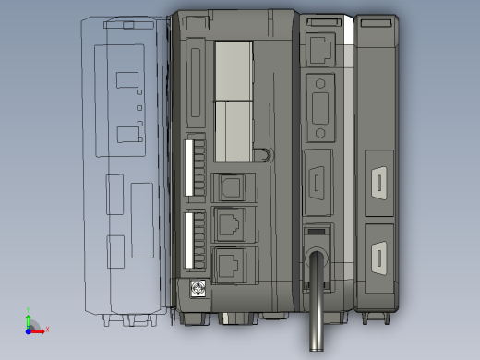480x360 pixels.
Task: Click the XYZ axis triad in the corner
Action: click(x=32, y=324)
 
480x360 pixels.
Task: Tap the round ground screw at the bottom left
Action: click(x=196, y=289)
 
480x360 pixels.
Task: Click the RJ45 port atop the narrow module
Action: click(x=319, y=46)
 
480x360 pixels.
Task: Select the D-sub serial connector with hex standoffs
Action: click(x=320, y=103)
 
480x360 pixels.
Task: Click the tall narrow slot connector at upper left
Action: click(x=195, y=84)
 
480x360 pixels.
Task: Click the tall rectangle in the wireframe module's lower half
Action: click(x=141, y=220)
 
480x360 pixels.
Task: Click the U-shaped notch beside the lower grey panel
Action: click(x=265, y=155)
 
